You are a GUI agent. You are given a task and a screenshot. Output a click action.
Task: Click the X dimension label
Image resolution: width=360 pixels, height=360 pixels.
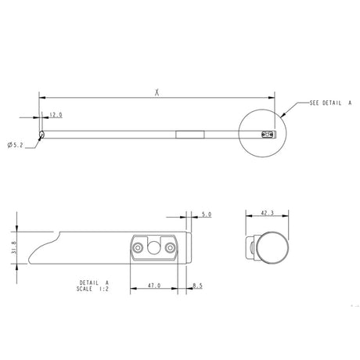pyautogui.click(x=157, y=92)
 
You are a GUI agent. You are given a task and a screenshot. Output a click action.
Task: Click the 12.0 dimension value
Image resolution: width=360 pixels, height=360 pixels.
pyautogui.click(x=56, y=114)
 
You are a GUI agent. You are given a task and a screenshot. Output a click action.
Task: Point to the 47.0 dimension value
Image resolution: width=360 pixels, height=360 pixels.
pyautogui.click(x=154, y=286)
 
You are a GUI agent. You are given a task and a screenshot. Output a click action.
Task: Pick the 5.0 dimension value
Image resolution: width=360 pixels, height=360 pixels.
pyautogui.click(x=206, y=214)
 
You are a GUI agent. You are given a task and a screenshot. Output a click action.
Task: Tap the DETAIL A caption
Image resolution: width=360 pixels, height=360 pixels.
pyautogui.click(x=95, y=282)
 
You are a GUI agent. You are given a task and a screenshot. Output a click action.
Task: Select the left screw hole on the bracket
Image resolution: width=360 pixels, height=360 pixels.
pyautogui.click(x=139, y=247)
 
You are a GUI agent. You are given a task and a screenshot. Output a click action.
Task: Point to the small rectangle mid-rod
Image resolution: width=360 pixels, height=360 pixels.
pyautogui.click(x=189, y=134)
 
